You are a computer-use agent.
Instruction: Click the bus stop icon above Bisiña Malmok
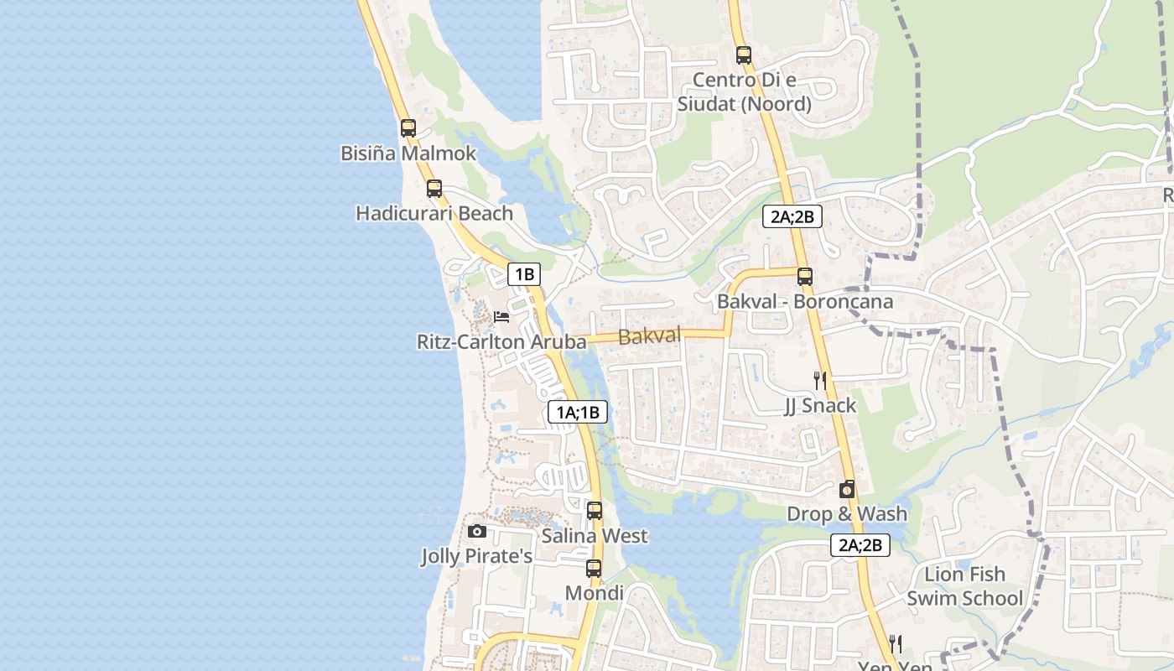[408, 128]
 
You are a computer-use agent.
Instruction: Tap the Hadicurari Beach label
[434, 213]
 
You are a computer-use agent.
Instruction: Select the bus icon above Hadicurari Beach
[434, 188]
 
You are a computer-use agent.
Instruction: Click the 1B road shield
[524, 273]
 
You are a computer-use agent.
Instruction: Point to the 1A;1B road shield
[577, 412]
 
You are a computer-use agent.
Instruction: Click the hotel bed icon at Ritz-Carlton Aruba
[501, 317]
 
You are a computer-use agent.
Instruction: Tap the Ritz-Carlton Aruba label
[501, 342]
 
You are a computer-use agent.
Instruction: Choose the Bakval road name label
[649, 336]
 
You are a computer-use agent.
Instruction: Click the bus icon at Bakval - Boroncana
[805, 276]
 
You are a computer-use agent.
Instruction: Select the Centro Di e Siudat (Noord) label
[745, 92]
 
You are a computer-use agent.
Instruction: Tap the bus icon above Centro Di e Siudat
[744, 55]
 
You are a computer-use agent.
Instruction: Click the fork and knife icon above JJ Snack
[820, 380]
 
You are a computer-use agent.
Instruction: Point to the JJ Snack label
[820, 406]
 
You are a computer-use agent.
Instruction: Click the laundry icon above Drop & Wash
[847, 489]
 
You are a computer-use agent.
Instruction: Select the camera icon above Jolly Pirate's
[477, 531]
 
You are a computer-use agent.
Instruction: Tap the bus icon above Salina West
[595, 509]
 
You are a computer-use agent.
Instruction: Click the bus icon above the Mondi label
[594, 568]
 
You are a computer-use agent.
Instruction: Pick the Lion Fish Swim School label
[964, 586]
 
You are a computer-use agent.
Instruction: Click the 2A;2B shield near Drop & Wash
[860, 545]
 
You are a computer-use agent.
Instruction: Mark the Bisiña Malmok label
[408, 153]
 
